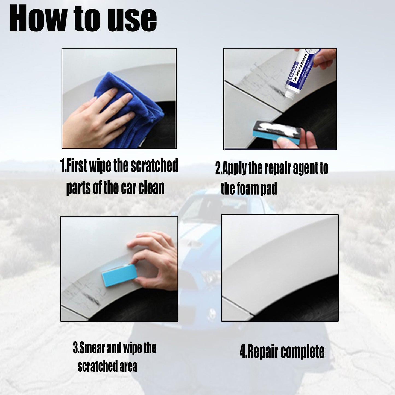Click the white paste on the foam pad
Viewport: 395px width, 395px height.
click(x=276, y=128)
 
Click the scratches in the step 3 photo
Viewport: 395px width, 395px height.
click(x=85, y=294)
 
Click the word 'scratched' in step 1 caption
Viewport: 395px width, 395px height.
click(x=154, y=166)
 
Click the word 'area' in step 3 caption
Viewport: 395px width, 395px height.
click(x=128, y=366)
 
